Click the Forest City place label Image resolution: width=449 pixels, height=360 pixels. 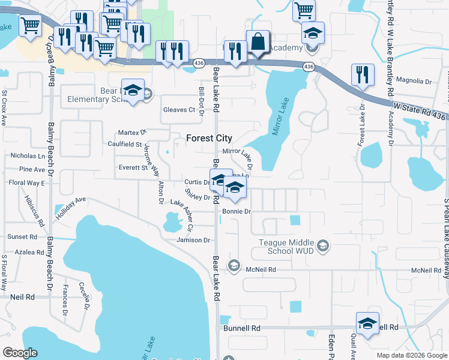click(209, 138)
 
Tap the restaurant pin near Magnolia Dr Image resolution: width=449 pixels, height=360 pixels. click(363, 74)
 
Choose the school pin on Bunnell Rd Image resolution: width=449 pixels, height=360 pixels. click(367, 324)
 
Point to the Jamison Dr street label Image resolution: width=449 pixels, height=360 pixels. click(193, 240)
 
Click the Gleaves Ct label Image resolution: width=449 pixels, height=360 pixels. click(179, 110)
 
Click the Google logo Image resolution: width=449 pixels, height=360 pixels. click(20, 353)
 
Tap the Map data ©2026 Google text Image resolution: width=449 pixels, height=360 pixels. click(411, 355)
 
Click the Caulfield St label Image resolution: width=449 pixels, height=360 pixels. click(125, 145)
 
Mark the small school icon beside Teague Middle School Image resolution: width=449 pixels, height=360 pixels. click(323, 245)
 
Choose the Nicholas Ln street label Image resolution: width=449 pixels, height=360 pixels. click(28, 156)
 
